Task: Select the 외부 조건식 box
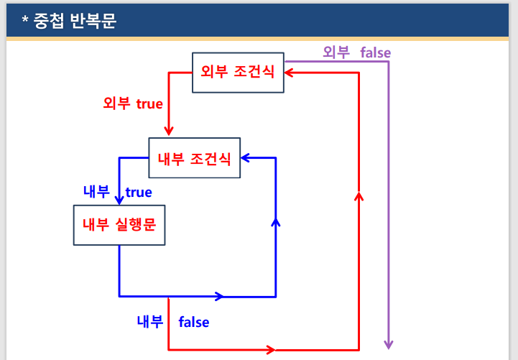(x=238, y=72)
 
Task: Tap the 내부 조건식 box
(x=194, y=157)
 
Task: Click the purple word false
(x=376, y=52)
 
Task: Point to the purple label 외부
(x=336, y=52)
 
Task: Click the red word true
(x=149, y=103)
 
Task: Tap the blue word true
(x=139, y=192)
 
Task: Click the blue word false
(x=194, y=322)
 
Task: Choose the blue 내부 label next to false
(x=151, y=321)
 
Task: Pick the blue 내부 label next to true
(x=96, y=192)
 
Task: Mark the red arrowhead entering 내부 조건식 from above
(x=169, y=131)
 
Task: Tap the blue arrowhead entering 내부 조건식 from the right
(x=245, y=156)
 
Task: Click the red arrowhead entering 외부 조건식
(x=289, y=72)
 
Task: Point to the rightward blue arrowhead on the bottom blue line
(x=219, y=295)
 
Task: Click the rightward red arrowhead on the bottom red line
(x=270, y=350)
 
